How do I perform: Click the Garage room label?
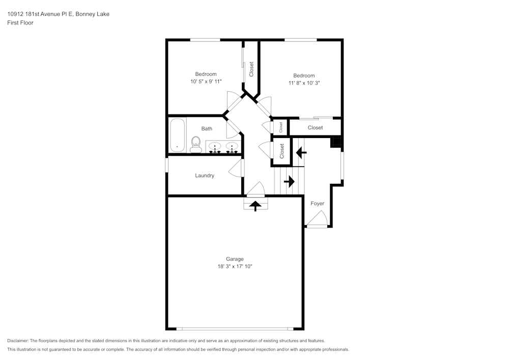pos(235,259)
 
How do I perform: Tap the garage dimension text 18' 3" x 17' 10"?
pos(235,266)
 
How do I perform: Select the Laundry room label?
pos(205,176)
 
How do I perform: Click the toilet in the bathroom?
pos(196,145)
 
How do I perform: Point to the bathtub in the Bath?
pos(177,135)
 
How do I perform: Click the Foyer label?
pos(317,204)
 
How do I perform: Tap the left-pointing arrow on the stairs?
pos(301,152)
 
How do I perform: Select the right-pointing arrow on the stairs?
pos(289,181)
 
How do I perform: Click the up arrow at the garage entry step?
pos(256,206)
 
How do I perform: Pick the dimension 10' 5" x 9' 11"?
pos(206,81)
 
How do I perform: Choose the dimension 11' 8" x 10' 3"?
pos(304,83)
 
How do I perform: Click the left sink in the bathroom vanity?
pos(215,147)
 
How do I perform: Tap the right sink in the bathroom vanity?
pos(232,147)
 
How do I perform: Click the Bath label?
pos(207,129)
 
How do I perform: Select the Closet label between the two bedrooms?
pos(251,69)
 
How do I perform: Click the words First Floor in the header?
pos(20,23)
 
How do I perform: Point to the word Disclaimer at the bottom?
pos(17,341)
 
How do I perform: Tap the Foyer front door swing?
pos(318,218)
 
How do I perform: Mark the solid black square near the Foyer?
pos(336,142)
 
